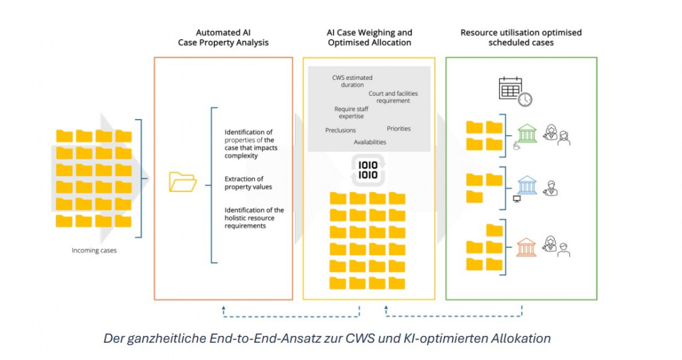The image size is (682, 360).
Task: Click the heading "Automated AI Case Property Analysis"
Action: (x=223, y=38)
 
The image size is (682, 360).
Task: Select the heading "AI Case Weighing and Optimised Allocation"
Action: (x=369, y=38)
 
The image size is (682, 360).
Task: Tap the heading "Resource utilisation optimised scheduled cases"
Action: (x=521, y=38)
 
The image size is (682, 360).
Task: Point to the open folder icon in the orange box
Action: (x=183, y=182)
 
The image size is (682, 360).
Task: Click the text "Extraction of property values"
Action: (x=248, y=183)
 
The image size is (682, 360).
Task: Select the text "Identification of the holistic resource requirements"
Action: (x=254, y=218)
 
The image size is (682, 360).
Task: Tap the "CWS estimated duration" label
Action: (x=352, y=81)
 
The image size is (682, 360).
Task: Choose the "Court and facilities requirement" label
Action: (x=389, y=97)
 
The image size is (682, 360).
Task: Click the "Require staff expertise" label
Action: (x=351, y=113)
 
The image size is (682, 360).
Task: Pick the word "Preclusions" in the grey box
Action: (x=340, y=131)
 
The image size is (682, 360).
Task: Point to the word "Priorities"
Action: (x=399, y=129)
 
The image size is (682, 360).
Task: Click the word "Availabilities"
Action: (x=370, y=143)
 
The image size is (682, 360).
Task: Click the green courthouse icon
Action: (x=527, y=134)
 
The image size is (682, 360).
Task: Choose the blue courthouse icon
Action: (x=527, y=185)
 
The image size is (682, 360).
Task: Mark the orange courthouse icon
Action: (x=527, y=247)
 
